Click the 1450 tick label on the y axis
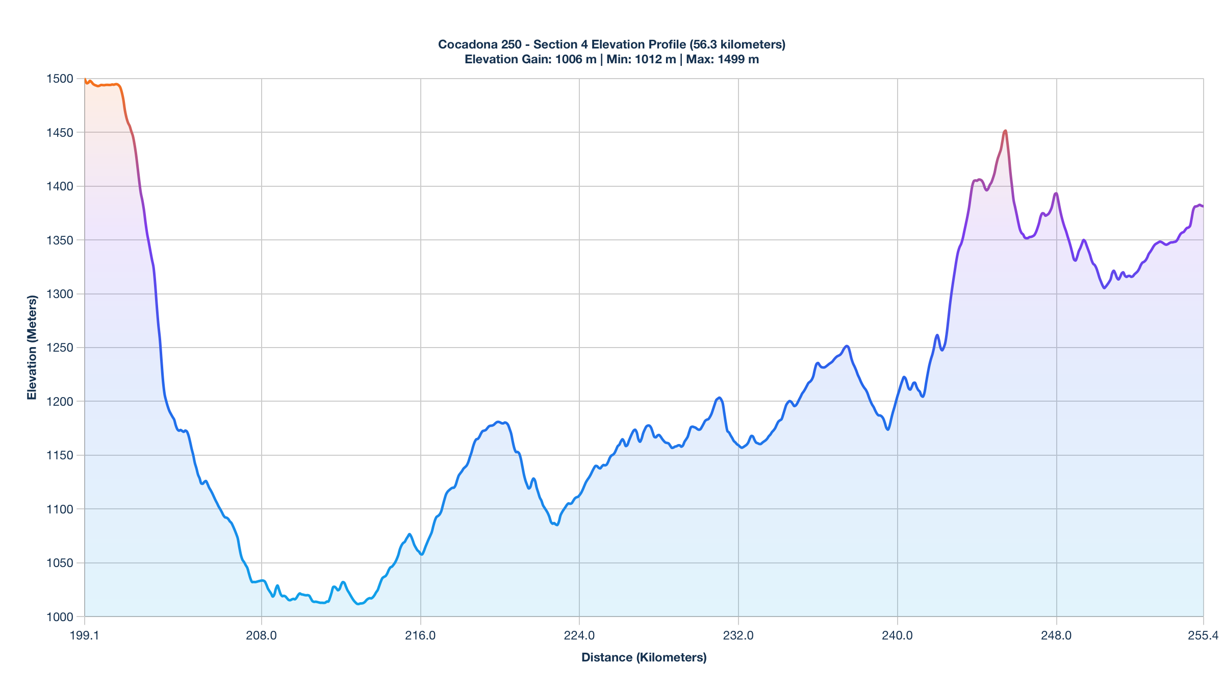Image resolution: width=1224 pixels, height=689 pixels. point(60,133)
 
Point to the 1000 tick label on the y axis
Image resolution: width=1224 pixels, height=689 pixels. point(60,617)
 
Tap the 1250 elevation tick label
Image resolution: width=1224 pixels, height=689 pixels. point(60,348)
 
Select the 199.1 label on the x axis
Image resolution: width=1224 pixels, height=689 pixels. point(84,635)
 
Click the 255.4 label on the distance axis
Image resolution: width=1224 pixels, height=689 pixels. point(1203,635)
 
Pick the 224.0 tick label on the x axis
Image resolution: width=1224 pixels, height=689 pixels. point(579,635)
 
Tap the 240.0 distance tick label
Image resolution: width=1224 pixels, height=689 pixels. point(897,635)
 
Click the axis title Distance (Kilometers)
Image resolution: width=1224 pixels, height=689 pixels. point(644,657)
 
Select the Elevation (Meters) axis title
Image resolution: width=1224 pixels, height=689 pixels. point(32,348)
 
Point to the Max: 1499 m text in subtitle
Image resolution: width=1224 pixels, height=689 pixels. point(722,59)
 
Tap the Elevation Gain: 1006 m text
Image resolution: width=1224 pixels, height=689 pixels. point(530,59)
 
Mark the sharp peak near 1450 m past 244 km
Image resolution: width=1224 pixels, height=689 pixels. point(1005,131)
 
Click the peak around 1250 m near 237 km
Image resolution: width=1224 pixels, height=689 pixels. point(847,346)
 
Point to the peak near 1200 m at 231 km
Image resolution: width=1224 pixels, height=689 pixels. point(719,398)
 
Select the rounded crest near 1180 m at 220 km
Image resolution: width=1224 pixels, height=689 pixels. point(498,422)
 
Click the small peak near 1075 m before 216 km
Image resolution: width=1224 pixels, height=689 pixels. point(409,534)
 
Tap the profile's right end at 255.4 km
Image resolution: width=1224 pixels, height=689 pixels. point(1203,206)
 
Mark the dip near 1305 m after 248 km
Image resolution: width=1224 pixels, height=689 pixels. point(1104,288)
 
